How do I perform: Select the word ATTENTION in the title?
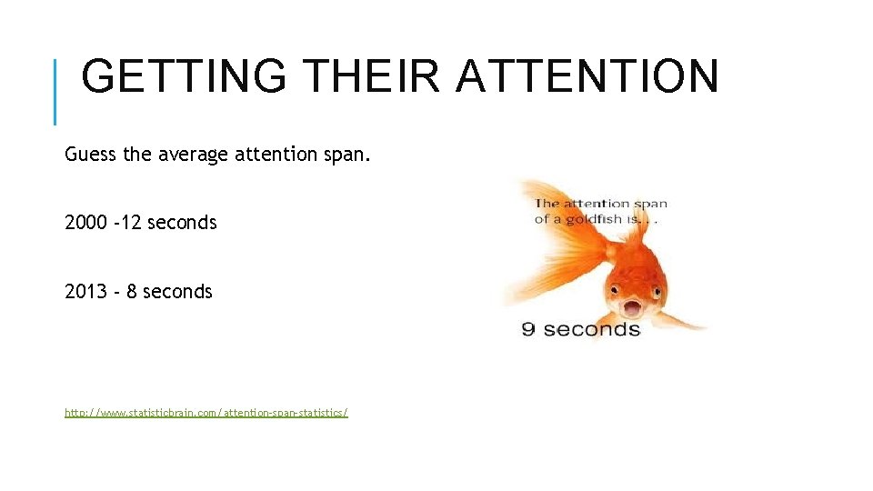[587, 76]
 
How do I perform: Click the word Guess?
[90, 155]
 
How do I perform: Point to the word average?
[194, 155]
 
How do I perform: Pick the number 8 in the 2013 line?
[131, 292]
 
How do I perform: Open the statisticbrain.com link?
[206, 413]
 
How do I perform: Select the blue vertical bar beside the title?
[55, 91]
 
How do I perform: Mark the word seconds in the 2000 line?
[182, 223]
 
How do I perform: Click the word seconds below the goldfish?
[593, 329]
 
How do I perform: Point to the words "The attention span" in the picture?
[601, 205]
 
